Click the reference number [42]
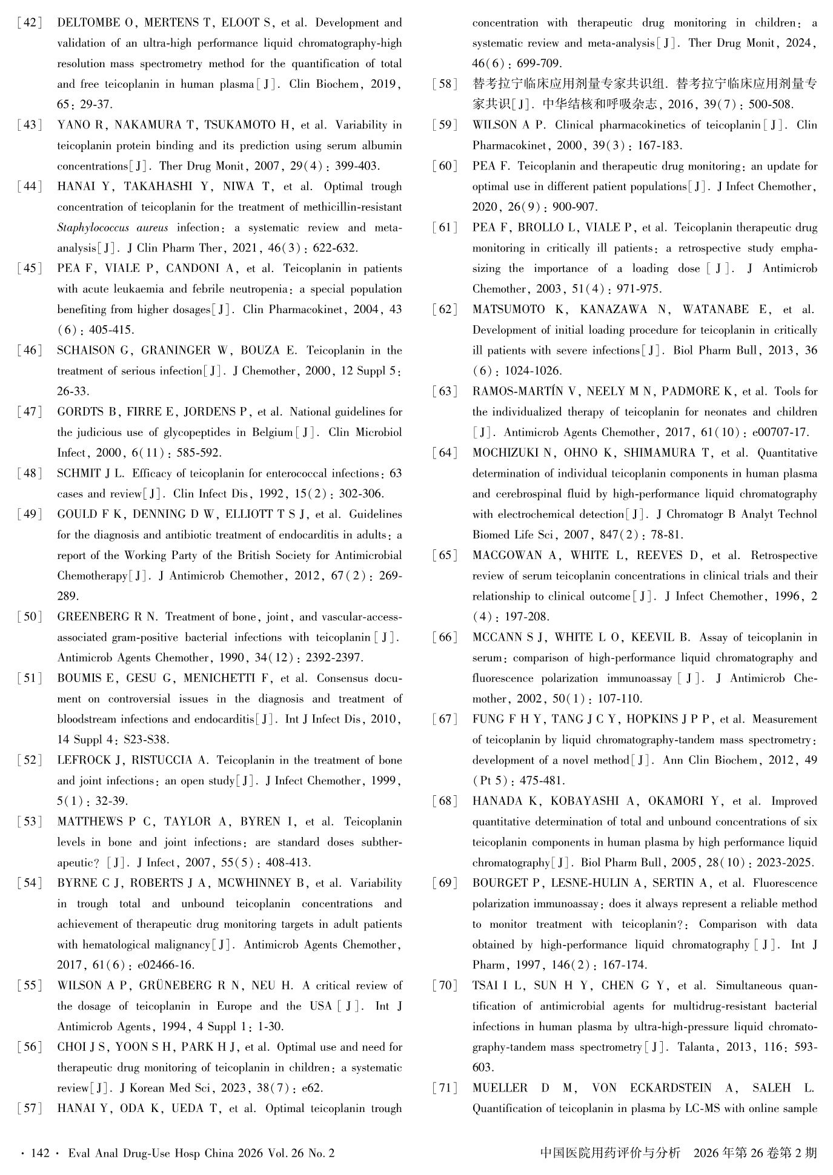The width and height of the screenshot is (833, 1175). [x=30, y=23]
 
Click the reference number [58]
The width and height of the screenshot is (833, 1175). [x=445, y=84]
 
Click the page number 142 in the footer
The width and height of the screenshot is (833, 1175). [x=39, y=1154]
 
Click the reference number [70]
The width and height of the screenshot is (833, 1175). [x=445, y=985]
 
